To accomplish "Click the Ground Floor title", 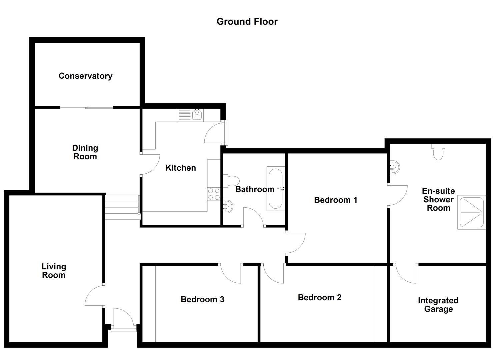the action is [247, 22].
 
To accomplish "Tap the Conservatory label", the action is [85, 76].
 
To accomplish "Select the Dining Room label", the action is [85, 152].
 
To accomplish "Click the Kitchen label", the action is [181, 168].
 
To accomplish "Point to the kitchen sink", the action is [190, 115].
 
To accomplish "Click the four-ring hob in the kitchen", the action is [214, 194].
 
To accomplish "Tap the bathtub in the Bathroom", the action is [276, 189].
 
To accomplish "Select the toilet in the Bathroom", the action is [231, 181].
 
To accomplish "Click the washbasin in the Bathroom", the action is [228, 206].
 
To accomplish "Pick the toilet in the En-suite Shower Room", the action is [438, 152].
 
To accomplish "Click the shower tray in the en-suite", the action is [471, 212].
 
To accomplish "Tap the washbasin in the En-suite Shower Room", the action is [395, 167].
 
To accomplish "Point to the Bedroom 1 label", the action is [335, 200].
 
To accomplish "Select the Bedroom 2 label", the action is [320, 297].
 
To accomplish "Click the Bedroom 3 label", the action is [202, 299].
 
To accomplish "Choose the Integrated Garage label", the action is [438, 305].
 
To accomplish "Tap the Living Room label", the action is [54, 271].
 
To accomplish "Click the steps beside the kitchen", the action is [122, 207].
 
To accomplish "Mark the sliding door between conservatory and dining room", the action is [87, 107].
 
